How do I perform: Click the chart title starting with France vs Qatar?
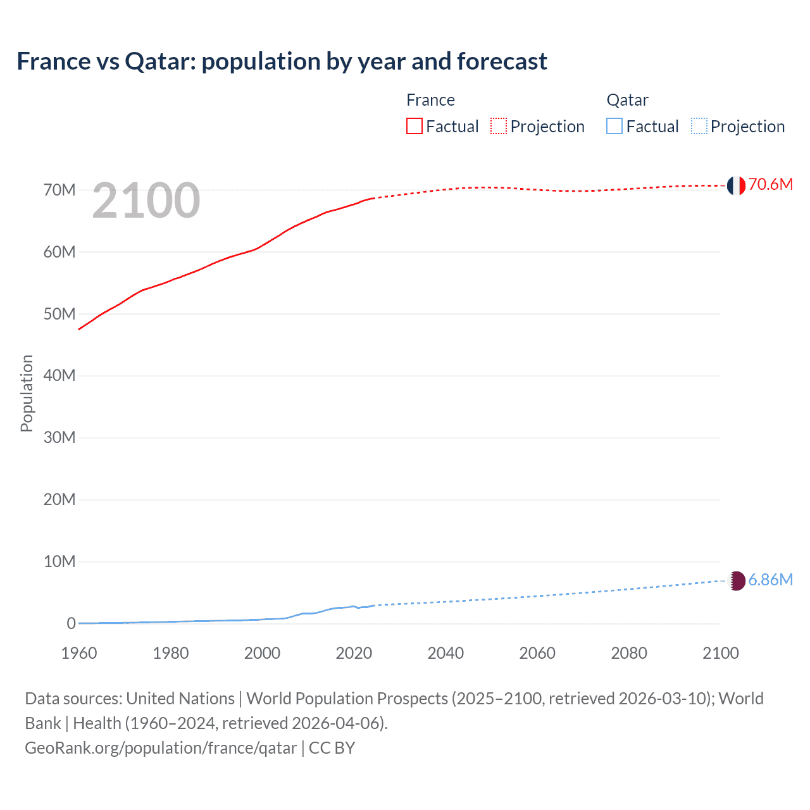(282, 61)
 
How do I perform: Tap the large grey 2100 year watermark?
(146, 201)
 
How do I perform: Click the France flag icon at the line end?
(736, 185)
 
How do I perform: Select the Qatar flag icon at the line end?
(737, 580)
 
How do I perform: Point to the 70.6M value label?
(770, 184)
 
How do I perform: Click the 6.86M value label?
(770, 580)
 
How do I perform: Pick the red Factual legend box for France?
(414, 127)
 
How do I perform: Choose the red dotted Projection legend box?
(499, 127)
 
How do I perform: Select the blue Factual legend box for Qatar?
(614, 127)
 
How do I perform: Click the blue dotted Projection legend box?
(699, 127)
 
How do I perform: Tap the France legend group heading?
(430, 100)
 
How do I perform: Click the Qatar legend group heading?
(627, 100)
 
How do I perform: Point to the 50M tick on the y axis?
(59, 314)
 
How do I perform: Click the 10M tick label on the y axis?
(59, 561)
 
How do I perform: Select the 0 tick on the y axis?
(71, 623)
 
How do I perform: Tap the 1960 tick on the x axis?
(79, 653)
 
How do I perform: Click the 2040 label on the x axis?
(445, 653)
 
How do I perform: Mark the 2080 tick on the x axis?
(629, 653)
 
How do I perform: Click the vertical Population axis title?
(27, 393)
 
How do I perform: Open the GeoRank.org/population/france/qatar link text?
(161, 748)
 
